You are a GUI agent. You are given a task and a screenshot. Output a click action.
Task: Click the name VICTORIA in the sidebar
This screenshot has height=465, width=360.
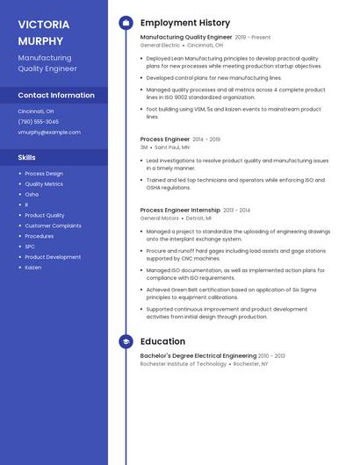[43, 24]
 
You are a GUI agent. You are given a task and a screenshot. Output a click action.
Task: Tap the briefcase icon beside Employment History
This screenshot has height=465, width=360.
[126, 23]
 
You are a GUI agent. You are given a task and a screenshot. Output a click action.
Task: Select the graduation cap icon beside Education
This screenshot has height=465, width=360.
[126, 341]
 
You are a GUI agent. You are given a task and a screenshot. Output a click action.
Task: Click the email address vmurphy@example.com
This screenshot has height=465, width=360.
[49, 132]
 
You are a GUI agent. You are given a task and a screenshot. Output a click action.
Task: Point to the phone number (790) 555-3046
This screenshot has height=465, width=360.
[39, 122]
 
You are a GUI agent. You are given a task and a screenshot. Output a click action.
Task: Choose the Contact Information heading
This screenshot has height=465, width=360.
[56, 95]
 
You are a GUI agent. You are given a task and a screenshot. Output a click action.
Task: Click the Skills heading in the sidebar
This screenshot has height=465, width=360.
[27, 157]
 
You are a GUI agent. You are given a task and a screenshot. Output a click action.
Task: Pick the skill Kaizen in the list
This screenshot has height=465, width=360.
[33, 268]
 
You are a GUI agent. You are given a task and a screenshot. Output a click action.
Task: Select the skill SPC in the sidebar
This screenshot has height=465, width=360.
[31, 247]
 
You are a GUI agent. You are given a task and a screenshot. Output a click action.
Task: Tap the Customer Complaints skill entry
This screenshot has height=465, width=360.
[53, 225]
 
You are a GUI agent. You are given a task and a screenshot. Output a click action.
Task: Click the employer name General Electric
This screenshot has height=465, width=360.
[160, 45]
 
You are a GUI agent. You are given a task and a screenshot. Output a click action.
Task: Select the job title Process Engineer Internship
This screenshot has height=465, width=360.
[180, 211]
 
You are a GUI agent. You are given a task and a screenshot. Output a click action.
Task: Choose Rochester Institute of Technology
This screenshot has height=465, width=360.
[183, 363]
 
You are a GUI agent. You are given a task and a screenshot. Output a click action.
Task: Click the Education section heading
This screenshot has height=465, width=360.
[162, 341]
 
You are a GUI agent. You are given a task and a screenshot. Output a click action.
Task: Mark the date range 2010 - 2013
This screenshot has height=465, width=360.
[272, 356]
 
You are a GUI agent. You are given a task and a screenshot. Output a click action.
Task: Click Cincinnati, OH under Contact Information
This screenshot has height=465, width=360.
[36, 111]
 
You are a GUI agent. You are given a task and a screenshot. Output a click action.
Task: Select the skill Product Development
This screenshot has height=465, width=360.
[53, 257]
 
